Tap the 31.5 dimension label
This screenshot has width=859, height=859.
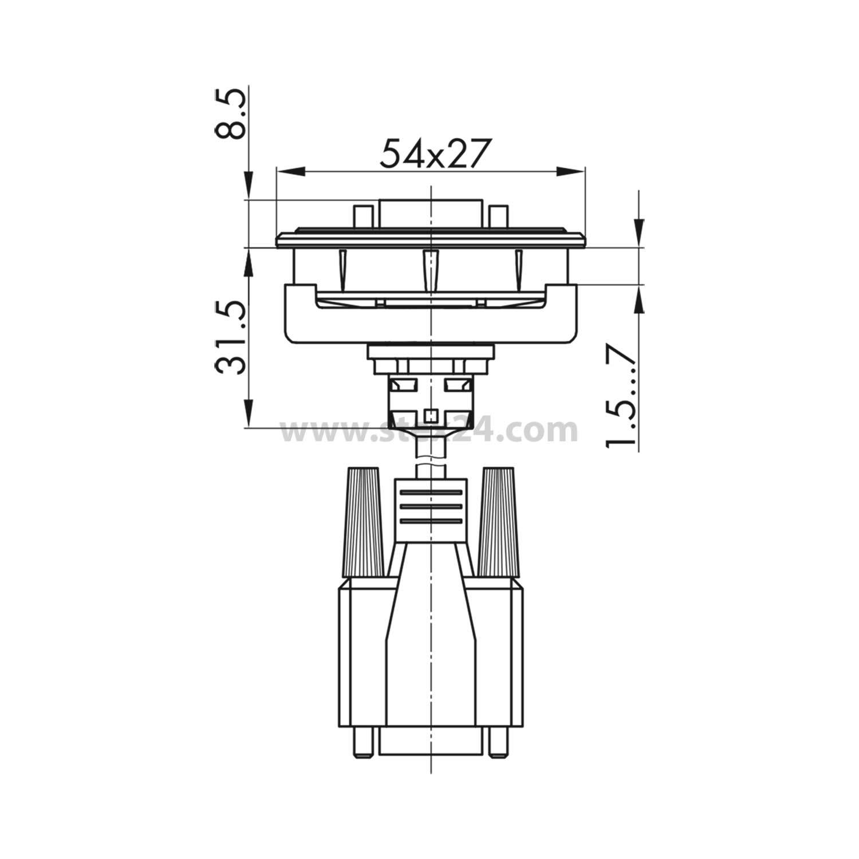(x=231, y=338)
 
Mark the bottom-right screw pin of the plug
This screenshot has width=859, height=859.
(x=498, y=743)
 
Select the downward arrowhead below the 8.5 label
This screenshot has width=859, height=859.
(x=249, y=186)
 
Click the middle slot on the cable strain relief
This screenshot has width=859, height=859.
(x=431, y=507)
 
